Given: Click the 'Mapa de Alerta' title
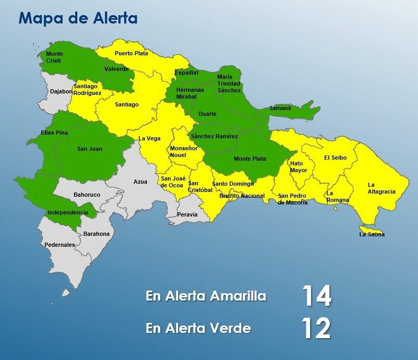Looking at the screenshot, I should [x=78, y=19].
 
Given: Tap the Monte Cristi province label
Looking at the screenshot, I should [x=55, y=57].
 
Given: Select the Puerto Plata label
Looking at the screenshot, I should [x=131, y=53].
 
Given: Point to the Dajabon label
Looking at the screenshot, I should [x=61, y=92].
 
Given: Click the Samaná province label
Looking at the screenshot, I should [x=280, y=108].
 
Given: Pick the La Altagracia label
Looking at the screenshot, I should [x=381, y=188].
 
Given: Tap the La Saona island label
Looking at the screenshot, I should [x=372, y=234].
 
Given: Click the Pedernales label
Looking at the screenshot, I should [x=59, y=245].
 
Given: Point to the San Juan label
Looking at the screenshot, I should [x=90, y=149].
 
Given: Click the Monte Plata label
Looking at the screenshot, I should [x=250, y=159].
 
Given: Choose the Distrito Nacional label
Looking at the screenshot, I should [x=242, y=196].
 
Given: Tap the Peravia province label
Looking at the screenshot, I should [x=188, y=214].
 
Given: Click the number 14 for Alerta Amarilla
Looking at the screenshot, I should [x=316, y=296].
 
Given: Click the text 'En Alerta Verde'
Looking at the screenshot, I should [x=199, y=328].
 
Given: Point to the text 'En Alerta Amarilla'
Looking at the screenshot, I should [x=206, y=296].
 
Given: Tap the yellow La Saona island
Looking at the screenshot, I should [x=371, y=230].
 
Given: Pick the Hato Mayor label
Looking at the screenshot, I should [x=299, y=167].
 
